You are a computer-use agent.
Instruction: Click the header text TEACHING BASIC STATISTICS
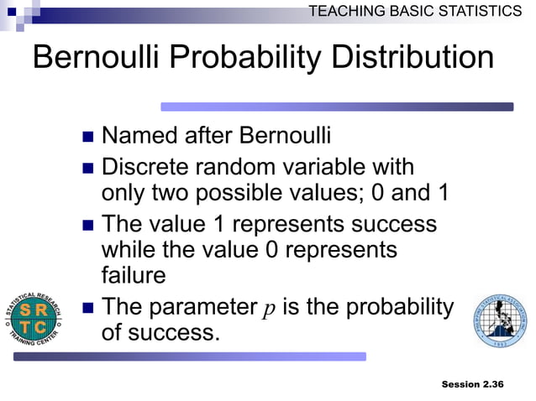[414, 11]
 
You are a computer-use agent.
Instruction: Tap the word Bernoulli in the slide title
[100, 58]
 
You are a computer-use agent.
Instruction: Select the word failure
[134, 274]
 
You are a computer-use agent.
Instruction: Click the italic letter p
[269, 308]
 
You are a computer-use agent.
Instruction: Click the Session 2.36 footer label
[472, 384]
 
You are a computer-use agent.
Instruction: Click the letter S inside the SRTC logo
[28, 309]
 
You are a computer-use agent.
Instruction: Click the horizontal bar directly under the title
[336, 107]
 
